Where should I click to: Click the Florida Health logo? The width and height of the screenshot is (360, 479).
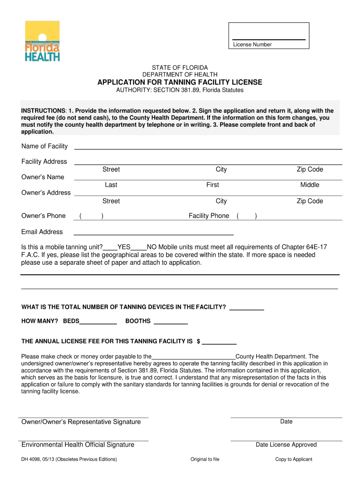click(x=42, y=41)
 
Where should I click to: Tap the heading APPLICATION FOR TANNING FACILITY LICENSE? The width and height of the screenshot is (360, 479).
click(x=180, y=82)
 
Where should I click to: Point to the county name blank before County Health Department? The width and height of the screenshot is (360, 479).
click(x=194, y=357)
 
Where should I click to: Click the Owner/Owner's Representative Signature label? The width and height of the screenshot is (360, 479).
click(x=81, y=422)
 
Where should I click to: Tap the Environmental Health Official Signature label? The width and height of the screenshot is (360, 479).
click(x=78, y=445)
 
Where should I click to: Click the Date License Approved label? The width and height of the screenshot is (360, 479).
click(x=286, y=445)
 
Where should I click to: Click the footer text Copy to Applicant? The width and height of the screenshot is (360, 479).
click(x=294, y=459)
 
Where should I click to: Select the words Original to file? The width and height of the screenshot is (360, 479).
click(x=205, y=459)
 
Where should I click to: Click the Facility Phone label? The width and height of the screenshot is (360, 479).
click(x=209, y=216)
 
